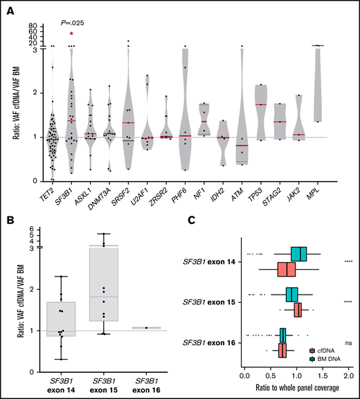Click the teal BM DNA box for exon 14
[299, 254]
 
